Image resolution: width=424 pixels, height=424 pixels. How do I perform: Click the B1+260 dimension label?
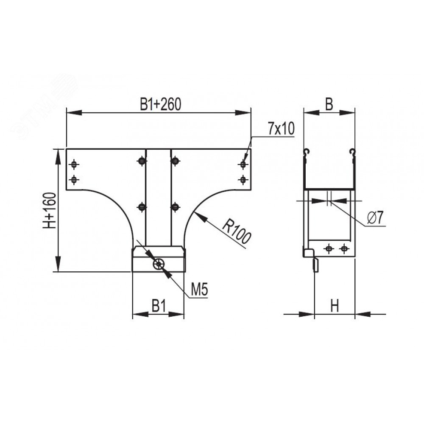point(160,104)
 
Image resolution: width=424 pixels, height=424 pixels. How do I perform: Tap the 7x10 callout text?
point(281,129)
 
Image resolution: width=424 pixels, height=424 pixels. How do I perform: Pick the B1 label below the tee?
point(159,307)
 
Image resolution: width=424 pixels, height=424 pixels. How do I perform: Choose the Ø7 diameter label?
point(375,218)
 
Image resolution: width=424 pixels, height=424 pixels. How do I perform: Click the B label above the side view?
point(329,104)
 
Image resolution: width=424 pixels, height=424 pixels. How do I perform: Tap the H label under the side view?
point(335,307)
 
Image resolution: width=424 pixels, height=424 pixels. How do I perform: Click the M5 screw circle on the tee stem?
point(159,264)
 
